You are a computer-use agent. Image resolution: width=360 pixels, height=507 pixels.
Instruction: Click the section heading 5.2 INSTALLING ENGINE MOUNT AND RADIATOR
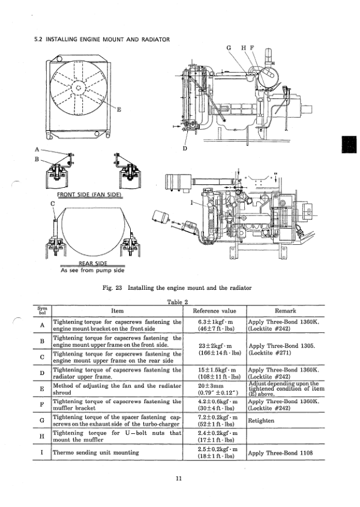(x=102, y=40)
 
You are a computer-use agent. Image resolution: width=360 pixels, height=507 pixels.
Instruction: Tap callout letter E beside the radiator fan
(x=118, y=109)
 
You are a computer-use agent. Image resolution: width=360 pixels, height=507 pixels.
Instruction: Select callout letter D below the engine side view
(x=184, y=148)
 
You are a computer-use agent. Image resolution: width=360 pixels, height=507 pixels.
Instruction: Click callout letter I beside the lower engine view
(x=191, y=203)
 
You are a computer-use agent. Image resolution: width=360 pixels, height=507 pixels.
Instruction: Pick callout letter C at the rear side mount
(x=53, y=203)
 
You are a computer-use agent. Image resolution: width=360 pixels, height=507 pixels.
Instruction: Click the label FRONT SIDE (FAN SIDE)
(x=89, y=194)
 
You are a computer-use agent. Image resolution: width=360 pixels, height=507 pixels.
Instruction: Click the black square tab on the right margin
(x=349, y=146)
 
